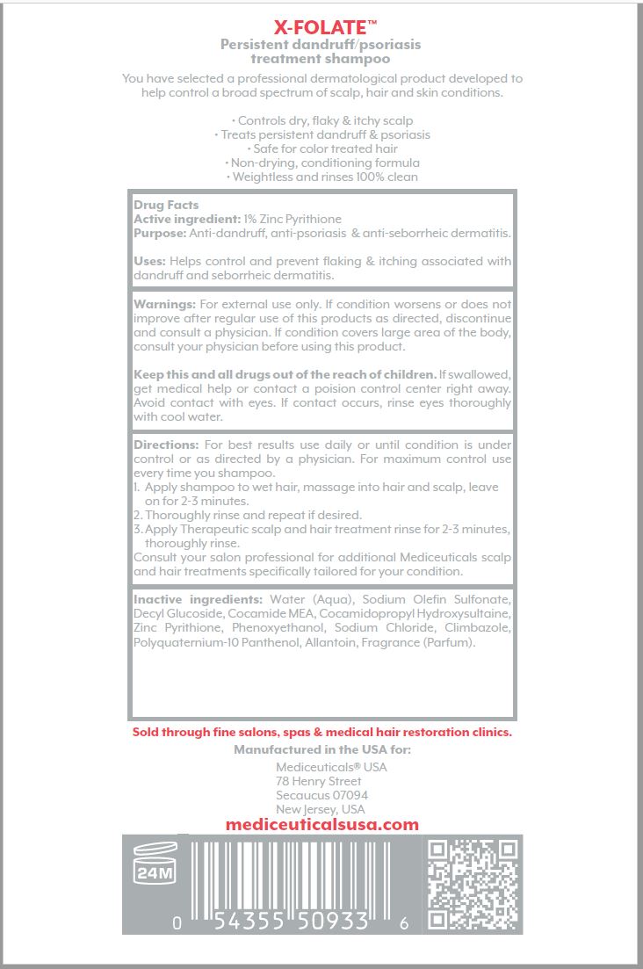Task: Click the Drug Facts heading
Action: (166, 205)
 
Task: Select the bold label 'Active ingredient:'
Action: (184, 219)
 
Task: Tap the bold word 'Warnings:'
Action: (164, 303)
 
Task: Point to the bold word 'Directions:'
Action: (167, 445)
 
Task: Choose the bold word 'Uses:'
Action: (149, 261)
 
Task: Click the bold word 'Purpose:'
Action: (160, 233)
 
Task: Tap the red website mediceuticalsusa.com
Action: (321, 825)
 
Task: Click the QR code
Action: (472, 884)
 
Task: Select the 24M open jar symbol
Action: (154, 864)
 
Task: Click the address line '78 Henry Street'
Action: (318, 781)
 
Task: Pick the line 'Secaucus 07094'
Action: (321, 795)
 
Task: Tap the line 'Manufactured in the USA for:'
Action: (321, 749)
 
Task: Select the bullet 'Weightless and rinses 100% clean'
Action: (322, 177)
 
